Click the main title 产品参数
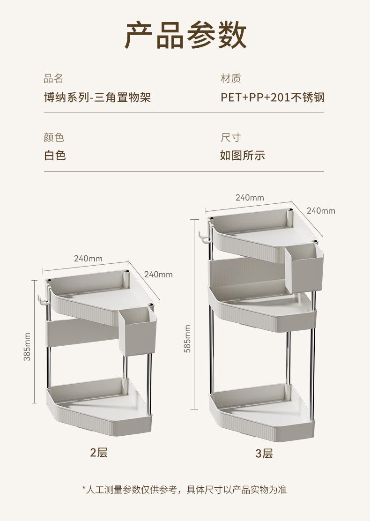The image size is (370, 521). (185, 35)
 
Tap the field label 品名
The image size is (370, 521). (53, 78)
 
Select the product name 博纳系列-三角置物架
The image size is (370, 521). (97, 97)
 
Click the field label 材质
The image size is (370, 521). (230, 78)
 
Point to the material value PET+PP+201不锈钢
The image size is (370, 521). (272, 97)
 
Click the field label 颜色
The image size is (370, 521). (53, 137)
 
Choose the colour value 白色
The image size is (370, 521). (55, 156)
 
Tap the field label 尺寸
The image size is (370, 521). (230, 137)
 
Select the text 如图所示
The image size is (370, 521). (242, 156)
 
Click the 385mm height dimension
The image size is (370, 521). (27, 346)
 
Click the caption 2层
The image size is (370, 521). (99, 453)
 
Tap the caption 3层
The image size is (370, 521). (264, 454)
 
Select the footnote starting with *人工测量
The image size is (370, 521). (185, 490)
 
